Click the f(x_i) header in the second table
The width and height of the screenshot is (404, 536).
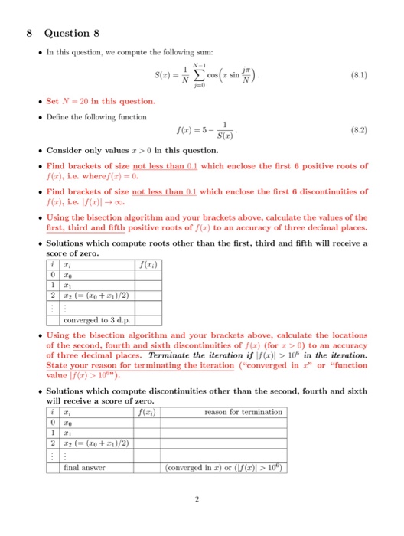(144, 413)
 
